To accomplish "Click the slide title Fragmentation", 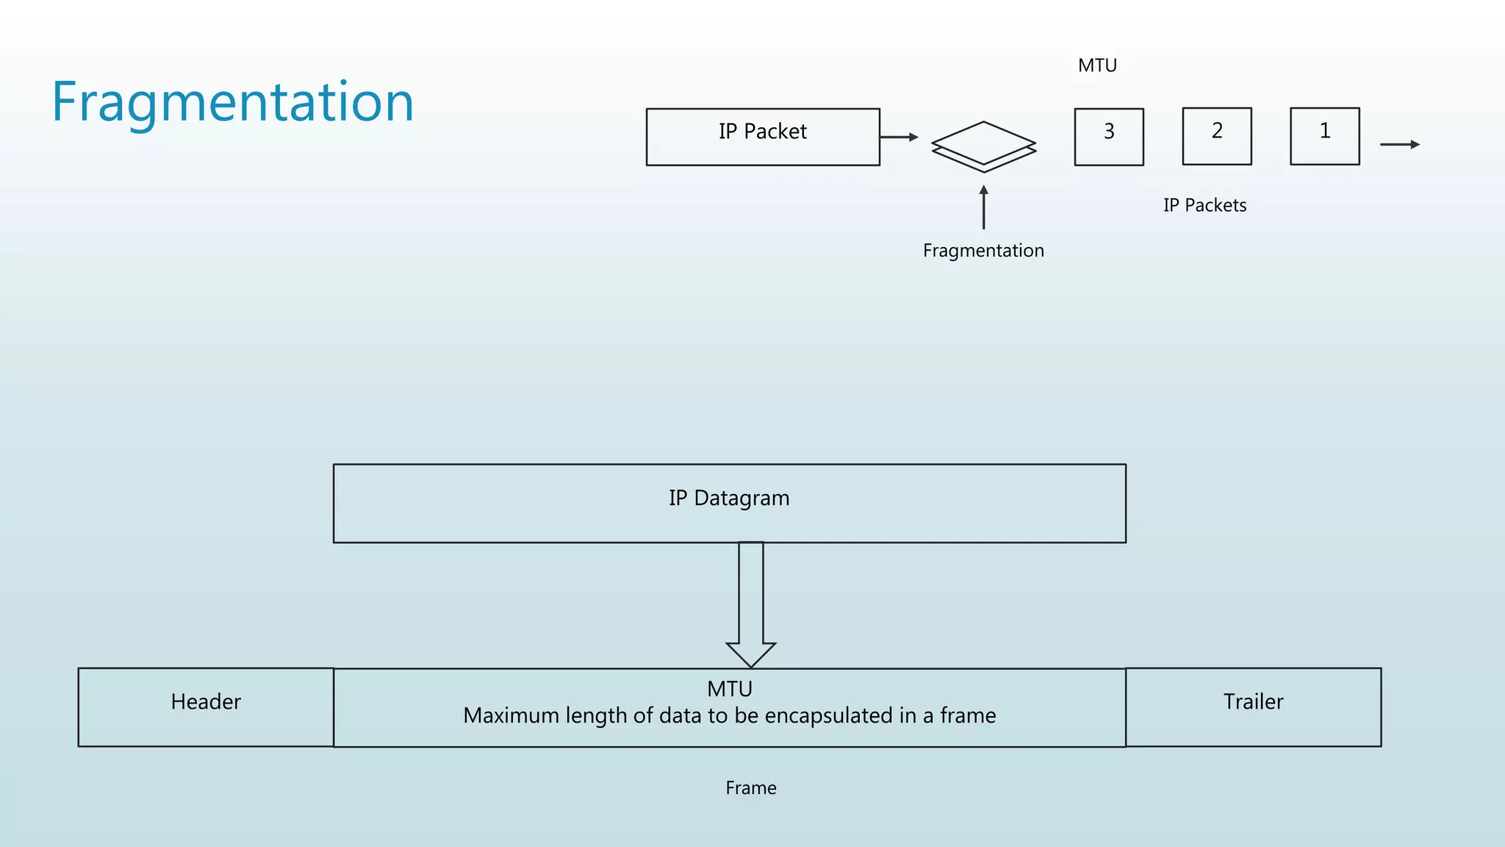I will pyautogui.click(x=232, y=102).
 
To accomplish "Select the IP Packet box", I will pyautogui.click(x=762, y=137).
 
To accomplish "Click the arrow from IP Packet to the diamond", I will pyautogui.click(x=899, y=137).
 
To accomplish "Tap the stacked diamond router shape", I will pyautogui.click(x=983, y=146).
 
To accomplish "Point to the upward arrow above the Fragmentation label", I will pyautogui.click(x=983, y=207).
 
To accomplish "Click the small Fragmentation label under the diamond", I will pyautogui.click(x=983, y=251).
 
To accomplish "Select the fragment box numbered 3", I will pyautogui.click(x=1108, y=137).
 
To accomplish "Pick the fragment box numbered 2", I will pyautogui.click(x=1216, y=136).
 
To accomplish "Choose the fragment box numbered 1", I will pyautogui.click(x=1324, y=136).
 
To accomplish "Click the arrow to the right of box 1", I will pyautogui.click(x=1399, y=144).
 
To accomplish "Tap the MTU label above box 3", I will pyautogui.click(x=1097, y=65).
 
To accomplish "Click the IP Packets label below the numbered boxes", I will pyautogui.click(x=1204, y=205).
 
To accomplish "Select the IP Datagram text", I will pyautogui.click(x=729, y=498).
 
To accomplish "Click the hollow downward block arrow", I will pyautogui.click(x=750, y=603).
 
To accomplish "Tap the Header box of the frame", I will pyautogui.click(x=206, y=707).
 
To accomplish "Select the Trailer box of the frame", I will pyautogui.click(x=1253, y=707).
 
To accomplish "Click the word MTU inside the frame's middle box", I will pyautogui.click(x=729, y=689).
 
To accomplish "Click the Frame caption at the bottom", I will pyautogui.click(x=750, y=788).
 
